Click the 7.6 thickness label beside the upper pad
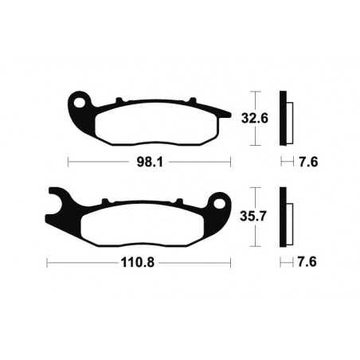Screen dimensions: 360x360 (307, 162)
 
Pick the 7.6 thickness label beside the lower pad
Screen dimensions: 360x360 (307, 260)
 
